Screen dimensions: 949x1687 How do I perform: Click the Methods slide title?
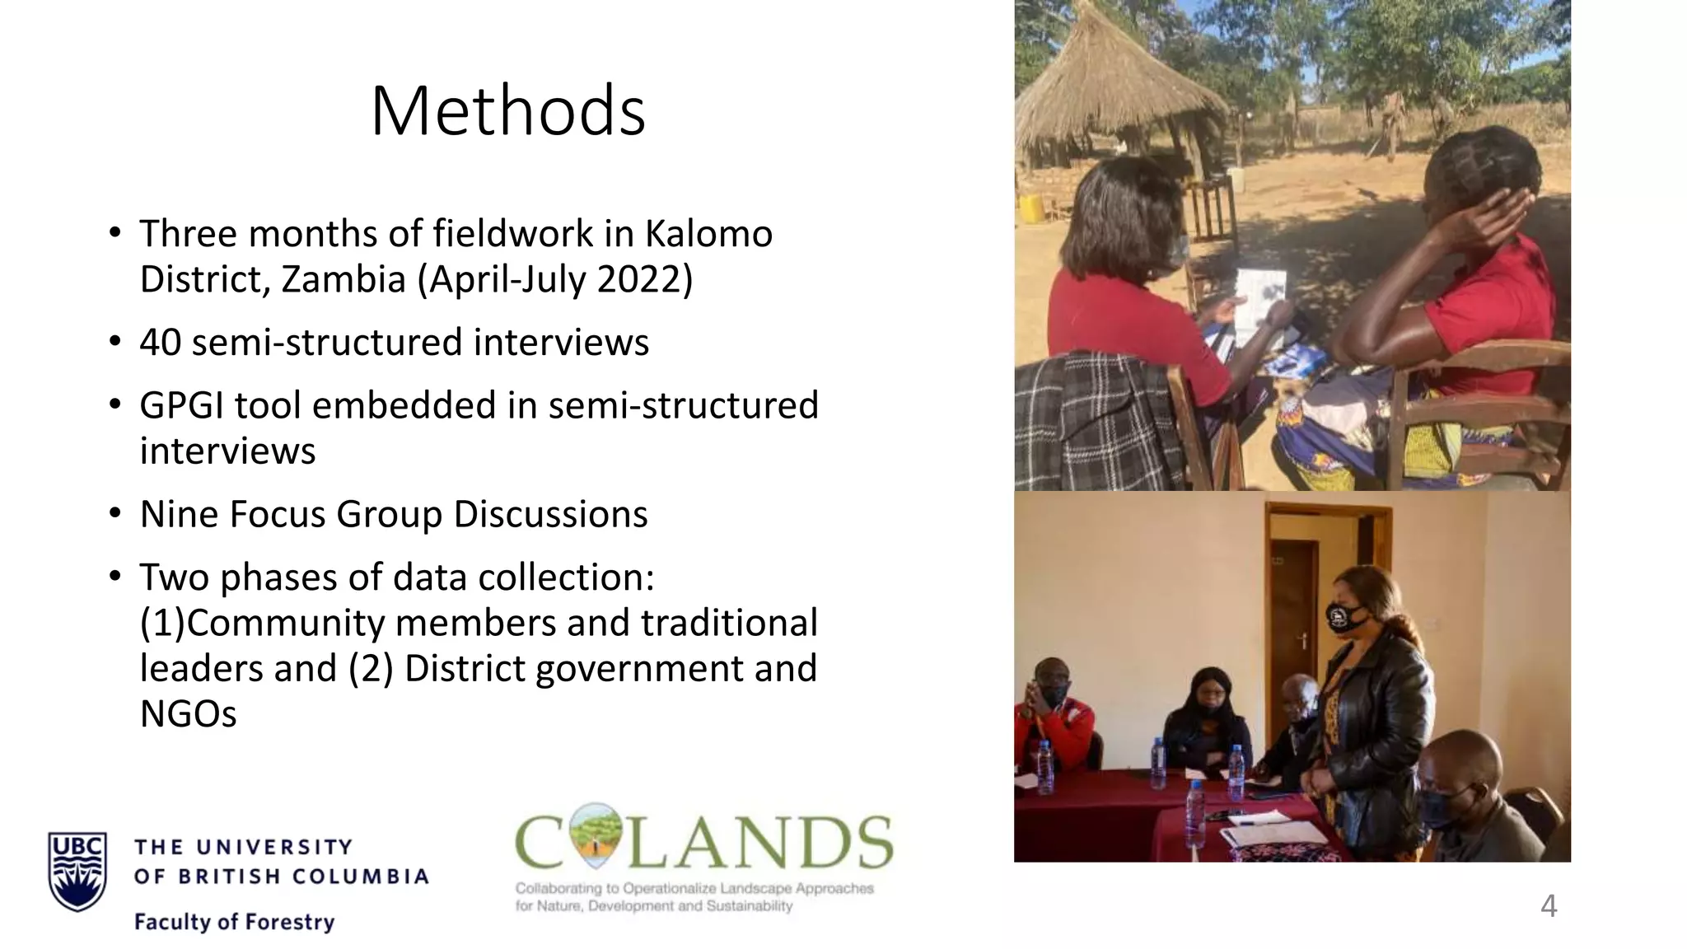pyautogui.click(x=507, y=111)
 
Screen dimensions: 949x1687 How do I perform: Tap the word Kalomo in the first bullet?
pyautogui.click(x=708, y=234)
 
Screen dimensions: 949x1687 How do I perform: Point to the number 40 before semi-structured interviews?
pyautogui.click(x=160, y=343)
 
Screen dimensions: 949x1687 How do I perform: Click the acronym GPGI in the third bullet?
pyautogui.click(x=180, y=405)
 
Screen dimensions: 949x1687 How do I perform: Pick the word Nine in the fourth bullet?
pyautogui.click(x=177, y=514)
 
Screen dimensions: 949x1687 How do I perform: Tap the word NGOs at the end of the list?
pyautogui.click(x=188, y=713)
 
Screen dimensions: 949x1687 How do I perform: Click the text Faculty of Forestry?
pyautogui.click(x=234, y=922)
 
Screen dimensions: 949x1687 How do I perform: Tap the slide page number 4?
pyautogui.click(x=1548, y=906)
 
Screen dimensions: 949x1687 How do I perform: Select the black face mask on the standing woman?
pyautogui.click(x=1346, y=616)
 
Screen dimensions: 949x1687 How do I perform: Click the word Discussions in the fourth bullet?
pyautogui.click(x=550, y=514)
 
